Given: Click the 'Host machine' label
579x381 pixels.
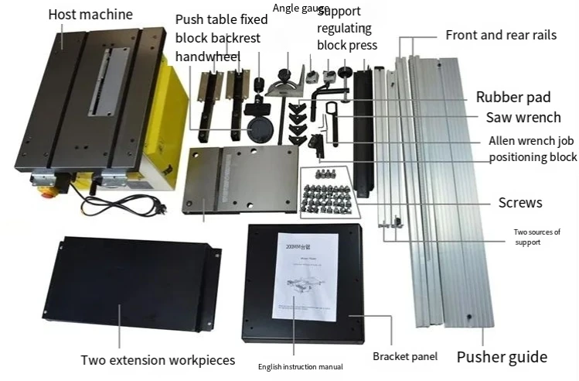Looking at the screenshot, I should (x=90, y=15).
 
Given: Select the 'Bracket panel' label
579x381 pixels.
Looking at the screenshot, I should (x=405, y=357).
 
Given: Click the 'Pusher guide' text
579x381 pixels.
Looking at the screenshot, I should (x=501, y=357).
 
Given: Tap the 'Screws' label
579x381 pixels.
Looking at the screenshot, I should (x=519, y=203).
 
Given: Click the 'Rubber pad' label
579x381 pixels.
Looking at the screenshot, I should (x=513, y=98).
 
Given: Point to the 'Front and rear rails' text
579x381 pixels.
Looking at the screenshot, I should (x=501, y=36).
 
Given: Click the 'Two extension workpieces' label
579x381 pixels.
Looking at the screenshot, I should (x=158, y=360).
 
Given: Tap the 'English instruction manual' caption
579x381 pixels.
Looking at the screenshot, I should (x=301, y=366).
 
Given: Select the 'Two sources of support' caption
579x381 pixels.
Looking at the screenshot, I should (x=536, y=237).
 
